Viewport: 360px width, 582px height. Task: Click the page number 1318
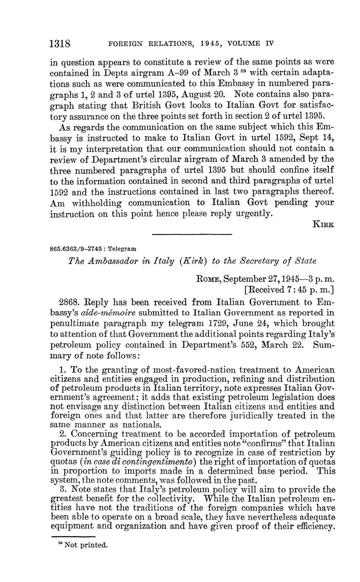(60, 43)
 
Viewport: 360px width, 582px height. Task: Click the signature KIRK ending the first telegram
(323, 225)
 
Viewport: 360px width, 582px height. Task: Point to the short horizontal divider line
(192, 234)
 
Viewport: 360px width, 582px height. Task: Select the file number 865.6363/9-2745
(78, 249)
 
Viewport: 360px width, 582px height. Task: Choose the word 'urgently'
(252, 213)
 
